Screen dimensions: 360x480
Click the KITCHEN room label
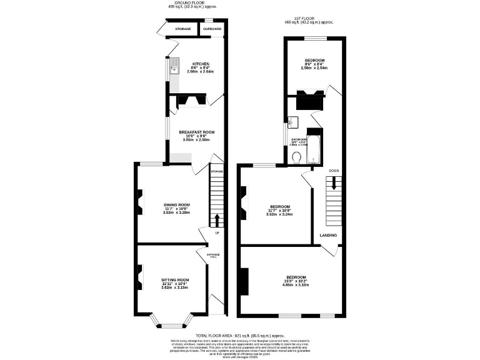[x=201, y=64]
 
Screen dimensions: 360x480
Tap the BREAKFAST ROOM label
[x=197, y=132]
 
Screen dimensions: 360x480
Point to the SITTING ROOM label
[x=175, y=280]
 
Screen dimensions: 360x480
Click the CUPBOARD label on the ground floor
[x=212, y=29]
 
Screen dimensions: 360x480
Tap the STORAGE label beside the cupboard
[x=182, y=29]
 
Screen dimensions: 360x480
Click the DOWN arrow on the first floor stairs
[x=334, y=182]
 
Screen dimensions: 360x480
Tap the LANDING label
[x=328, y=236]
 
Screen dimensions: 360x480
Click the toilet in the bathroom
[x=299, y=157]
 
